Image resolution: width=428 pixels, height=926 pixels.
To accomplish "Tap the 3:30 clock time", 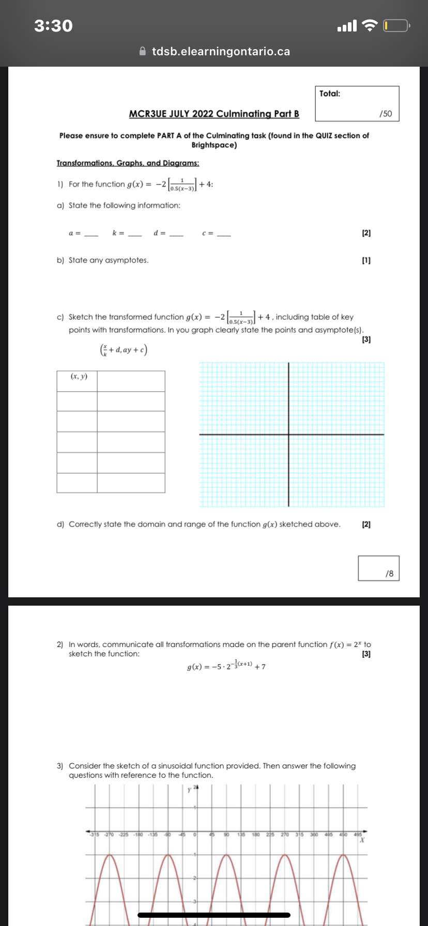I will tap(53, 25).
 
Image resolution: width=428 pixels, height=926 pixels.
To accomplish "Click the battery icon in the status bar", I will tap(396, 25).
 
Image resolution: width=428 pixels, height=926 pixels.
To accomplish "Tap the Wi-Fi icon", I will tap(370, 25).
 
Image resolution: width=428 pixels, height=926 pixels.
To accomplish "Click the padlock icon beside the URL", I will tap(144, 52).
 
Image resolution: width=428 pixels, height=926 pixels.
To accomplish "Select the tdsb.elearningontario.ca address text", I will tap(221, 52).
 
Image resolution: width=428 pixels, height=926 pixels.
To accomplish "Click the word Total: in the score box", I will tap(330, 94).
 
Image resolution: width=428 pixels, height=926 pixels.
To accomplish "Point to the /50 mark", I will tap(386, 114).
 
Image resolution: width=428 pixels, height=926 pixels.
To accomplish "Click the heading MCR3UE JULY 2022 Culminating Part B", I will tap(214, 114).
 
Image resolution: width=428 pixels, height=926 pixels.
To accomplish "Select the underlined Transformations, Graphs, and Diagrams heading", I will tap(128, 163).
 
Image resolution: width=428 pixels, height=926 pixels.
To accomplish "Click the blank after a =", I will tap(91, 234).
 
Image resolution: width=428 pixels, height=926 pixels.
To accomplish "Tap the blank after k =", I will tap(134, 234).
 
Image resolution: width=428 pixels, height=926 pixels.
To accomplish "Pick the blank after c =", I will tap(224, 234).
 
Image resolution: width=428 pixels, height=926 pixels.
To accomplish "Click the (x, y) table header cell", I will tap(78, 377).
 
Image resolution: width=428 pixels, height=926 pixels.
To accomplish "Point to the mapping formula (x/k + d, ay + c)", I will tap(124, 350).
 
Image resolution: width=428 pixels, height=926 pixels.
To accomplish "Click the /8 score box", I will tap(379, 568).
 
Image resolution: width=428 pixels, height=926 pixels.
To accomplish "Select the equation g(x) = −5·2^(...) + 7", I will tap(226, 666).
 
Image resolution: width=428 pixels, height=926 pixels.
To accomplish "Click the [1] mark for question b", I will tap(366, 260).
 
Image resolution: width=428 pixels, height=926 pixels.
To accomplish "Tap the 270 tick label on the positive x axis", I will tap(285, 834).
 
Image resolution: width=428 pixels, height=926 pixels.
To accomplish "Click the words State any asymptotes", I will tap(109, 260).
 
